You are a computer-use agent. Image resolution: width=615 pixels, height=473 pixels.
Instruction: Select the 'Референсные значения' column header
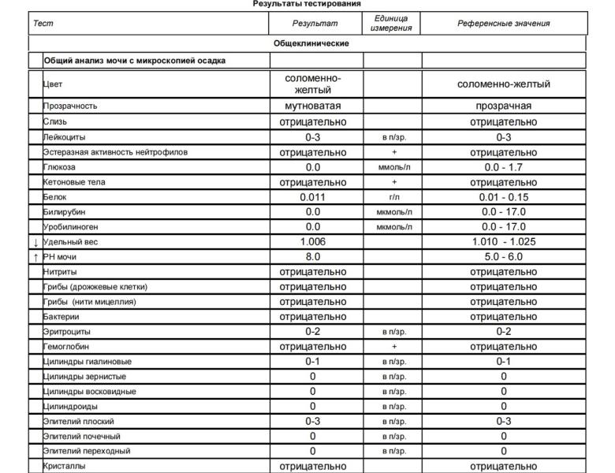pos(503,24)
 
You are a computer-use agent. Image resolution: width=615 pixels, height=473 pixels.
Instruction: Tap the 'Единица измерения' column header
pos(391,23)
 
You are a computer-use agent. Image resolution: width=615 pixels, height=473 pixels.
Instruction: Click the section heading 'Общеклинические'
pos(311,43)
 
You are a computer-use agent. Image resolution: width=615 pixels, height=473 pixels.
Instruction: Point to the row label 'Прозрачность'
pos(71,106)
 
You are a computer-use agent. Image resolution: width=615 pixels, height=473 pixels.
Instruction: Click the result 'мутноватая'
pos(312,106)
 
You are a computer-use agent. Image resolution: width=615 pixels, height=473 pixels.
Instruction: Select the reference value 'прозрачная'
pos(503,106)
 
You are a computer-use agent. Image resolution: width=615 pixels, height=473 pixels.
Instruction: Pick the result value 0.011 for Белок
pos(312,197)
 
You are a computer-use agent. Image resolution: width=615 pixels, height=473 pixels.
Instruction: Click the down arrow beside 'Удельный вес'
pos(35,242)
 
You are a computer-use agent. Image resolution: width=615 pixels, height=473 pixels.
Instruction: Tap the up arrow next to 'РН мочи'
pos(35,257)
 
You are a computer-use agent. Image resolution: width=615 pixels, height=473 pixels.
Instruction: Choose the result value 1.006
pos(312,242)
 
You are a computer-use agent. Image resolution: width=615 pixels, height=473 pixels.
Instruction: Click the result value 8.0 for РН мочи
pos(312,257)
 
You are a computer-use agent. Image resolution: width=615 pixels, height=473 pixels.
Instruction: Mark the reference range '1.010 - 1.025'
pos(503,242)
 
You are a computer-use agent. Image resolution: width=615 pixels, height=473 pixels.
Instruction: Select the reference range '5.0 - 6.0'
pos(503,257)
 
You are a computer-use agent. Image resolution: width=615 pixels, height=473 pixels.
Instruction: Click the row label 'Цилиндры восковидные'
pos(90,392)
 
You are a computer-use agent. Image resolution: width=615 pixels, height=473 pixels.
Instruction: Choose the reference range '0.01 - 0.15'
pos(503,197)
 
